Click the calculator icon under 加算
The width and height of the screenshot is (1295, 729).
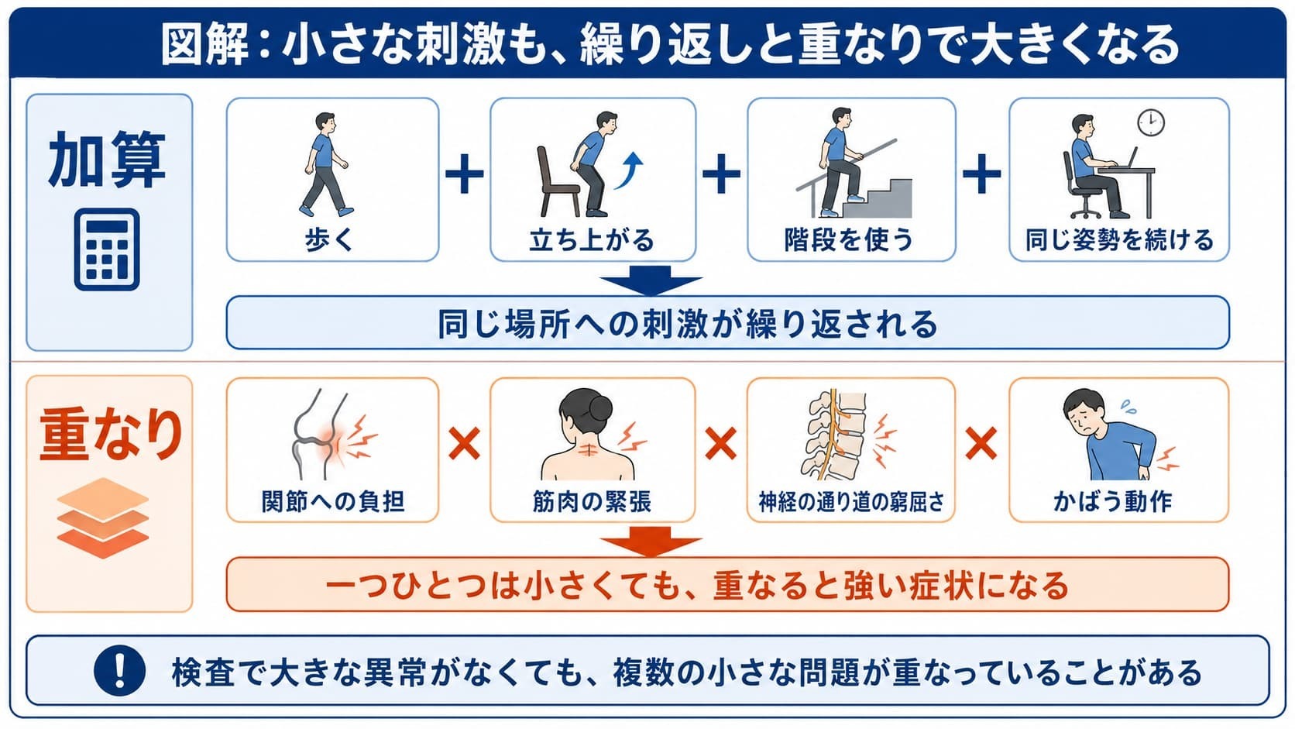107,249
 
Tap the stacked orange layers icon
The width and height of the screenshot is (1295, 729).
103,518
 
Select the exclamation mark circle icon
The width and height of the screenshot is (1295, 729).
120,671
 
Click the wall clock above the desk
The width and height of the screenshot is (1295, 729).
1150,122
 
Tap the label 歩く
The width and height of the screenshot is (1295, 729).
329,239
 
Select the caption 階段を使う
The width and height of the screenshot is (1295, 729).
849,239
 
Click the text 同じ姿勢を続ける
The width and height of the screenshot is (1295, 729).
1119,239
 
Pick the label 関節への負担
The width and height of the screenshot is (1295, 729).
332,501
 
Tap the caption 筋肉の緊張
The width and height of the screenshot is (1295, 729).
592,501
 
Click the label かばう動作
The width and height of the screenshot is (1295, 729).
1112,501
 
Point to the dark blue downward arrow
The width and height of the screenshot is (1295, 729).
651,281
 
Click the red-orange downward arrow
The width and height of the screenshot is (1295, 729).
651,542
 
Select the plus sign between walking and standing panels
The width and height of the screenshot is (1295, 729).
464,174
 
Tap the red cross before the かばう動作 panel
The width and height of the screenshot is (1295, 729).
981,444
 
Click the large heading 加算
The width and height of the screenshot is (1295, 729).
107,160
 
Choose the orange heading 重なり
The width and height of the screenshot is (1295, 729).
111,434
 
